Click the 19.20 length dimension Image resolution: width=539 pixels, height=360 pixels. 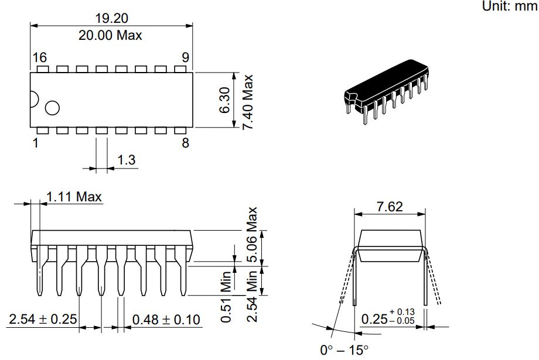(x=111, y=18)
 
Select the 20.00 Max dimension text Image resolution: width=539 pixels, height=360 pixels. (x=111, y=35)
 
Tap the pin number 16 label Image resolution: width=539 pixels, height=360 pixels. (x=39, y=57)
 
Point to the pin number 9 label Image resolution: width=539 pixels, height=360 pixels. (x=185, y=57)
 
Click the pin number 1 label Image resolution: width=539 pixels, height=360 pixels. (x=36, y=143)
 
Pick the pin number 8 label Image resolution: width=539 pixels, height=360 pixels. (x=185, y=143)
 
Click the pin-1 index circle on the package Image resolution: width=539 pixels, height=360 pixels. (x=53, y=108)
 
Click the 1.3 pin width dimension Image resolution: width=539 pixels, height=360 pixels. (x=127, y=159)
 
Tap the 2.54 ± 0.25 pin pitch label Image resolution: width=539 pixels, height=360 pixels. (x=43, y=320)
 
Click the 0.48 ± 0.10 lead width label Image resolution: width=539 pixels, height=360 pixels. (x=166, y=320)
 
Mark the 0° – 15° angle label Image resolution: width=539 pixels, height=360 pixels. (x=344, y=350)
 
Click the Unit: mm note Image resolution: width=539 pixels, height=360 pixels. (x=509, y=6)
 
